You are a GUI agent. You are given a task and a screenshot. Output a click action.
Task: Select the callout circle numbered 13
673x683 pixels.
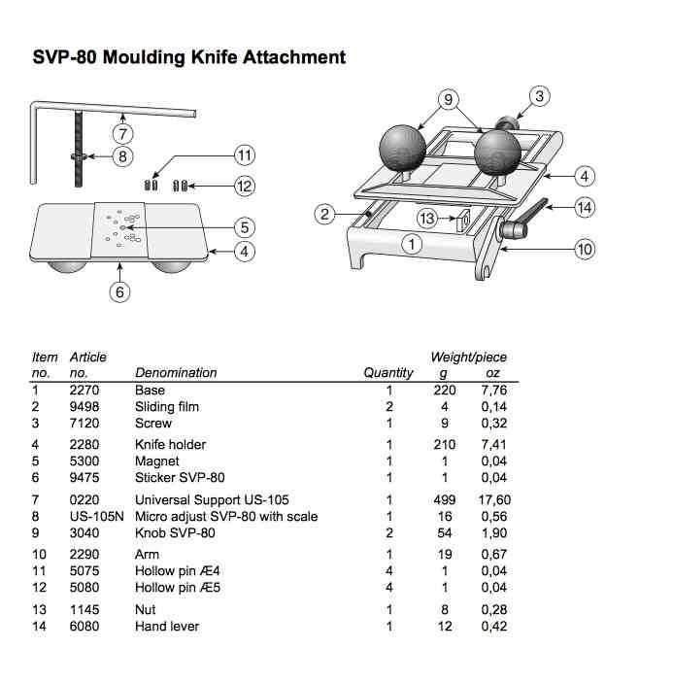(x=427, y=219)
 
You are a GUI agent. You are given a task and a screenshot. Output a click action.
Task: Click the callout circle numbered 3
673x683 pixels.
(x=541, y=95)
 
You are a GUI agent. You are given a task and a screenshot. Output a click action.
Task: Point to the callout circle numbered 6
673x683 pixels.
(x=119, y=291)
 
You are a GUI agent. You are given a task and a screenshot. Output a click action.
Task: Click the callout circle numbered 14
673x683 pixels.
(x=584, y=206)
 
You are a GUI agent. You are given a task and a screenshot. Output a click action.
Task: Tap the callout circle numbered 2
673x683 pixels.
(x=326, y=213)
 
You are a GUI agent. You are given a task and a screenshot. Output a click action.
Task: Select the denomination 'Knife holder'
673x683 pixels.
(x=171, y=445)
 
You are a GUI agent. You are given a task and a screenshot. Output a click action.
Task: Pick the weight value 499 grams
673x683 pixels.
(x=446, y=499)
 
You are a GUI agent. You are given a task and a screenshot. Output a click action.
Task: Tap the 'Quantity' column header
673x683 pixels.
(x=388, y=372)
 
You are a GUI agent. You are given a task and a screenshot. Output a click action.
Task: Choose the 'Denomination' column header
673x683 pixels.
(x=176, y=372)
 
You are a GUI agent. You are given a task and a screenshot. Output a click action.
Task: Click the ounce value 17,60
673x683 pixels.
(x=494, y=499)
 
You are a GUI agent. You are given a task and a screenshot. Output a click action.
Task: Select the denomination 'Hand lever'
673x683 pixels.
(x=167, y=626)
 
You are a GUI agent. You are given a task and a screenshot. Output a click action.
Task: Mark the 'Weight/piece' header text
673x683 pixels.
(x=468, y=357)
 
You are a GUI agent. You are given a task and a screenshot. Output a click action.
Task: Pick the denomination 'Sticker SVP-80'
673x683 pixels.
(x=180, y=477)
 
